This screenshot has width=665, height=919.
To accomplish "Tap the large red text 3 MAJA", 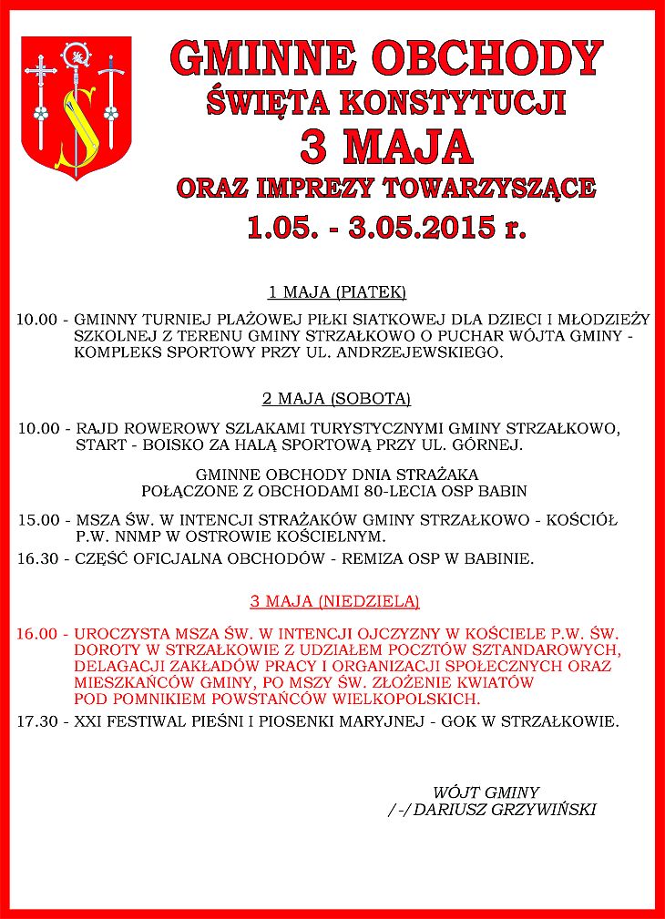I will coord(387,145).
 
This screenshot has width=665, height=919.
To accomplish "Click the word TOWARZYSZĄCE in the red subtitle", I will coord(490,189).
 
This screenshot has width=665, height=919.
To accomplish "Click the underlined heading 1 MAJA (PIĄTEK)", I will coord(337,293).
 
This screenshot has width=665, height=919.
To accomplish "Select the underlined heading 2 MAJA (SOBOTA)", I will coord(337,399).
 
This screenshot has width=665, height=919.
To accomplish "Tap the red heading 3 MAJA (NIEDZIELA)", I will coord(335,601).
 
